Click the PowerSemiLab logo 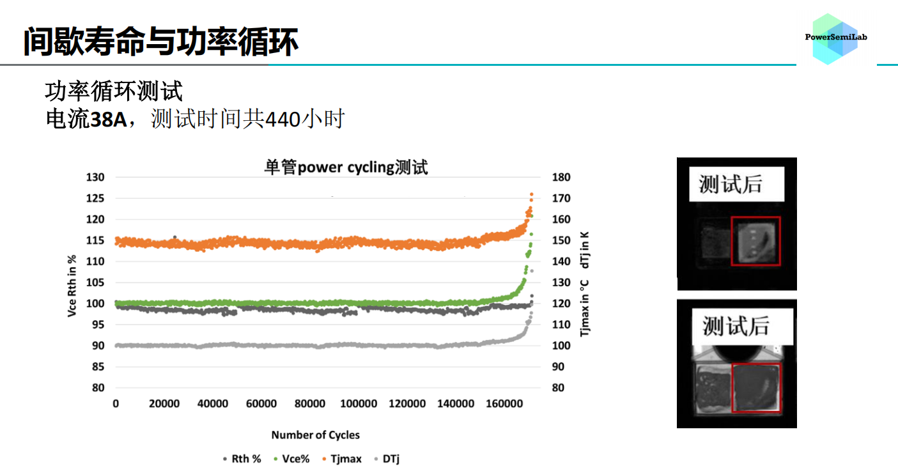tap(835, 38)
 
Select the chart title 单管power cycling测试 tap(346, 167)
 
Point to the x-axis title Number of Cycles tap(315, 435)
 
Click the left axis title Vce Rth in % tap(73, 286)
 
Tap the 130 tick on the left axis tap(96, 177)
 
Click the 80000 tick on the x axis tap(310, 404)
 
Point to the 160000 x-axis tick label tap(504, 404)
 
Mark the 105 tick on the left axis tap(96, 283)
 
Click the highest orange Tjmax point tap(531, 195)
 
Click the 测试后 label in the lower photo tap(735, 326)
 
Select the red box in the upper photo tap(756, 241)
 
